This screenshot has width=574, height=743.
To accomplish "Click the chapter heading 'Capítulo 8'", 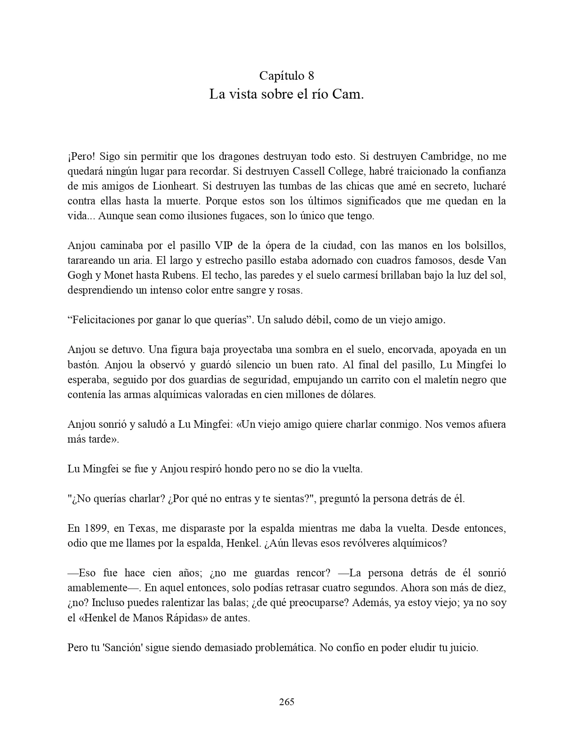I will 286,75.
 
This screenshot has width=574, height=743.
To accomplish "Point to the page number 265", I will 287,702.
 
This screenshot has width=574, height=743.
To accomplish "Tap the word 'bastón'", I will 81,365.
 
